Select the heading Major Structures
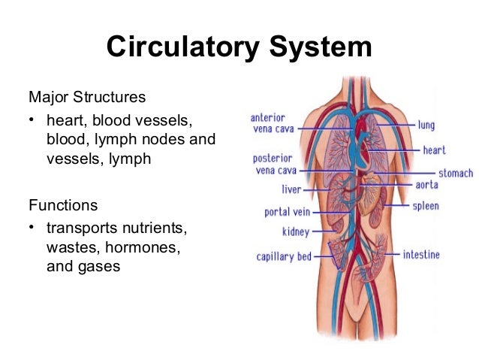86,97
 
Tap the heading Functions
62,204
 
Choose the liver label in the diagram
291,189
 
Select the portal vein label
288,212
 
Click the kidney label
296,232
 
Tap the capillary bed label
284,256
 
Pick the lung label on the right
426,125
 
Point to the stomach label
455,174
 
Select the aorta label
426,185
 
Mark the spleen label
425,205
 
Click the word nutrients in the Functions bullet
153,226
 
